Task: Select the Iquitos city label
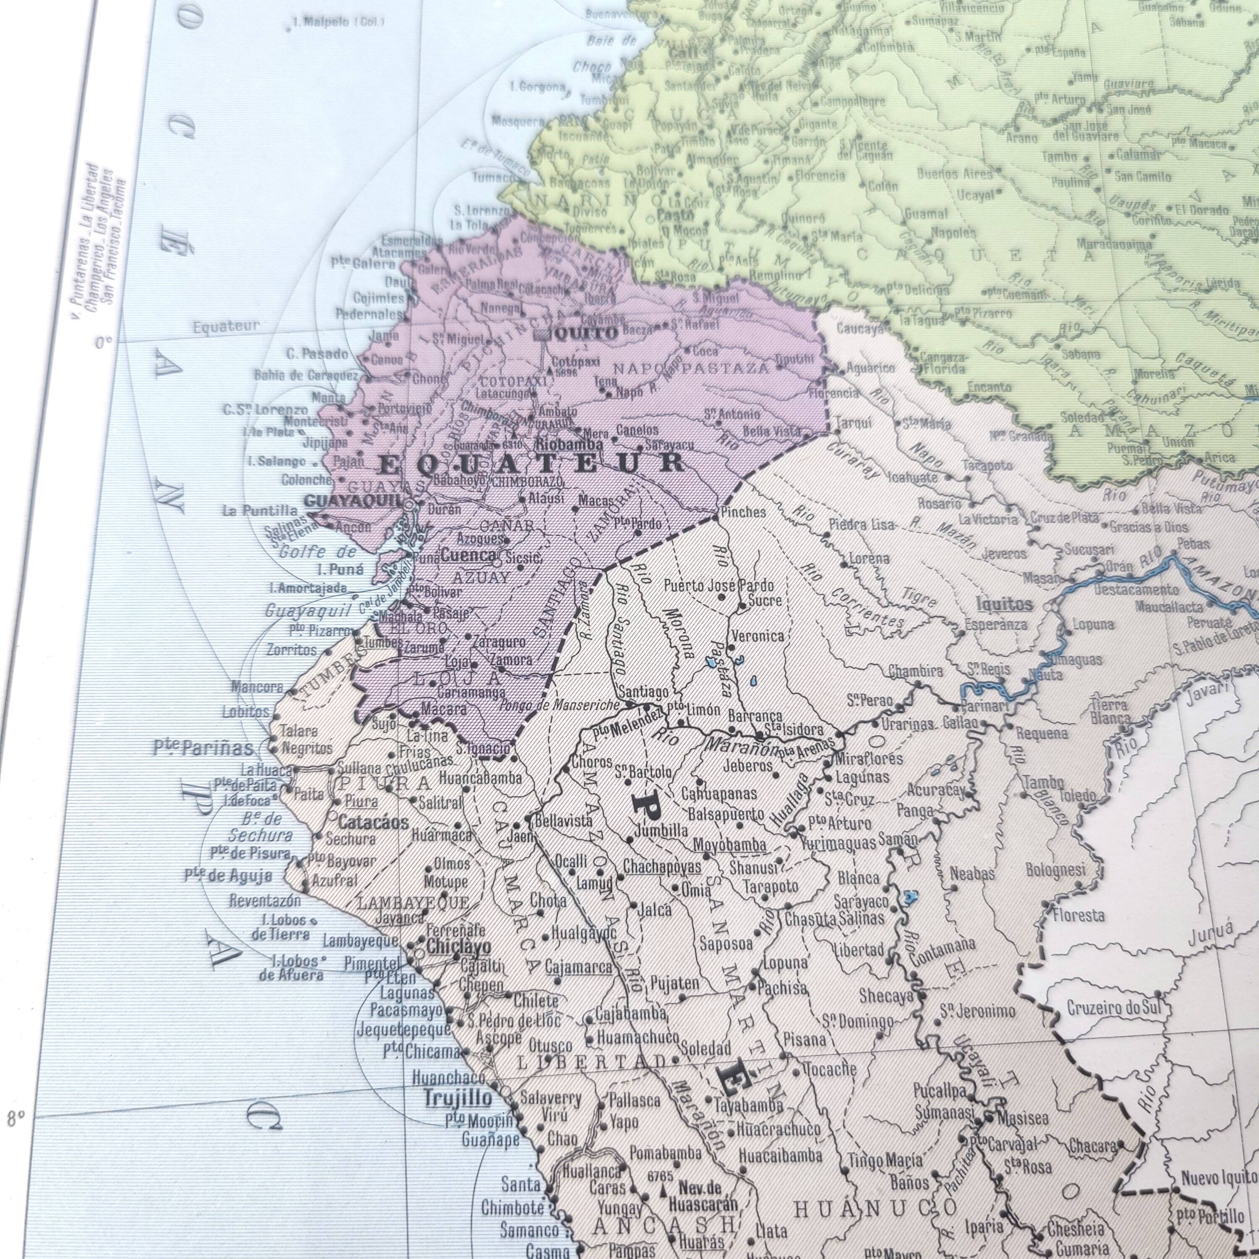[x=1004, y=604]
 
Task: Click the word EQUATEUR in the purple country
[x=531, y=463]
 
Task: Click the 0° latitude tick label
[x=103, y=342]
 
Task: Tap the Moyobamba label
[x=729, y=844]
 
